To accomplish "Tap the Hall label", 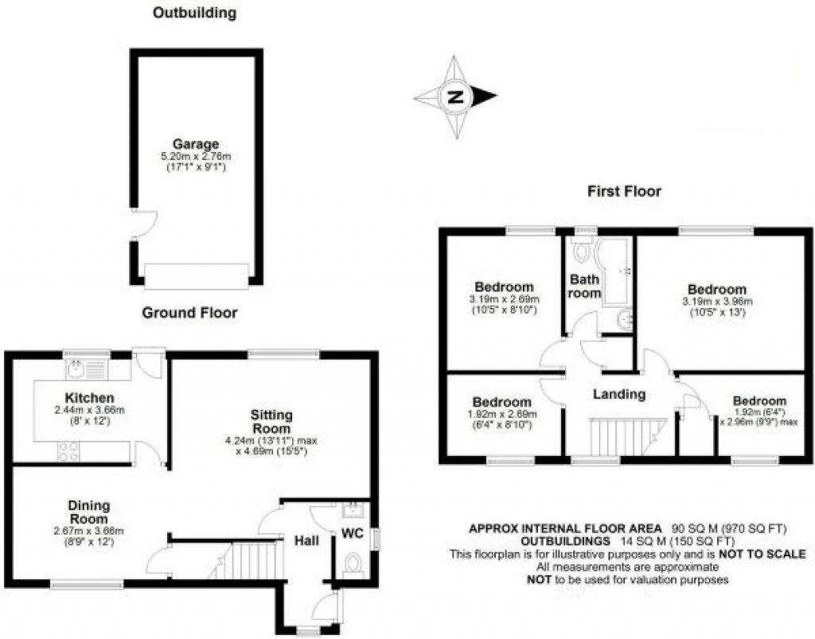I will pyautogui.click(x=306, y=541).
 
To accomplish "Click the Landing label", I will pyautogui.click(x=618, y=394).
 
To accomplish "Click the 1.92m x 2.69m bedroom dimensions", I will pyautogui.click(x=502, y=415).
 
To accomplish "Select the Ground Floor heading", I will pyautogui.click(x=189, y=313).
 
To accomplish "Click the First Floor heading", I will pyautogui.click(x=625, y=191).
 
